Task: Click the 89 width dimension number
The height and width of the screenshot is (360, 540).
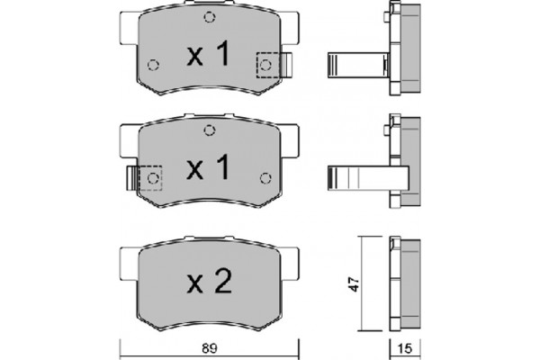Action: pyautogui.click(x=210, y=348)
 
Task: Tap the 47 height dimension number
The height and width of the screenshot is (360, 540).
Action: pyautogui.click(x=355, y=283)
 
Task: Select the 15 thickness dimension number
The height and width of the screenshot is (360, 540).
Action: pyautogui.click(x=405, y=348)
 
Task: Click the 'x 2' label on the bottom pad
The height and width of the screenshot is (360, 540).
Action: pyautogui.click(x=210, y=282)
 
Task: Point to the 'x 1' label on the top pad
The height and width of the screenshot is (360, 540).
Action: pyautogui.click(x=208, y=53)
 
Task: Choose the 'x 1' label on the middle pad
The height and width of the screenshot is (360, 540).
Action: pyautogui.click(x=208, y=167)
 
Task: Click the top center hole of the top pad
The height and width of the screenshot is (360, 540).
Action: pyautogui.click(x=210, y=17)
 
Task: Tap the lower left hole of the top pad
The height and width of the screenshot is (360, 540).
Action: pyautogui.click(x=153, y=65)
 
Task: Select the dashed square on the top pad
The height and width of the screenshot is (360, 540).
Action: pyautogui.click(x=267, y=65)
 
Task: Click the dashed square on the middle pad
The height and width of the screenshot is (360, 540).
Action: pyautogui.click(x=150, y=178)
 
